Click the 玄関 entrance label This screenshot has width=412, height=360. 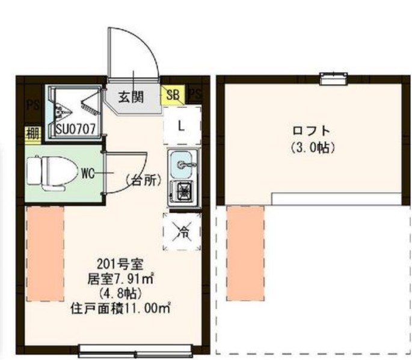pyautogui.click(x=130, y=97)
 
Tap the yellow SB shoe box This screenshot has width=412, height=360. pyautogui.click(x=173, y=95)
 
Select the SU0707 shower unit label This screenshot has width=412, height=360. pyautogui.click(x=75, y=128)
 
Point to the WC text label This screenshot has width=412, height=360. pyautogui.click(x=88, y=174)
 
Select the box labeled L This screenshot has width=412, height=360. pyautogui.click(x=180, y=126)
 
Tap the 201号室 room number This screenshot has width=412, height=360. pyautogui.click(x=118, y=263)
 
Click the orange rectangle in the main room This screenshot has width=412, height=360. pyautogui.click(x=45, y=253)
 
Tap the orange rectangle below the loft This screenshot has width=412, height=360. pyautogui.click(x=245, y=252)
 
